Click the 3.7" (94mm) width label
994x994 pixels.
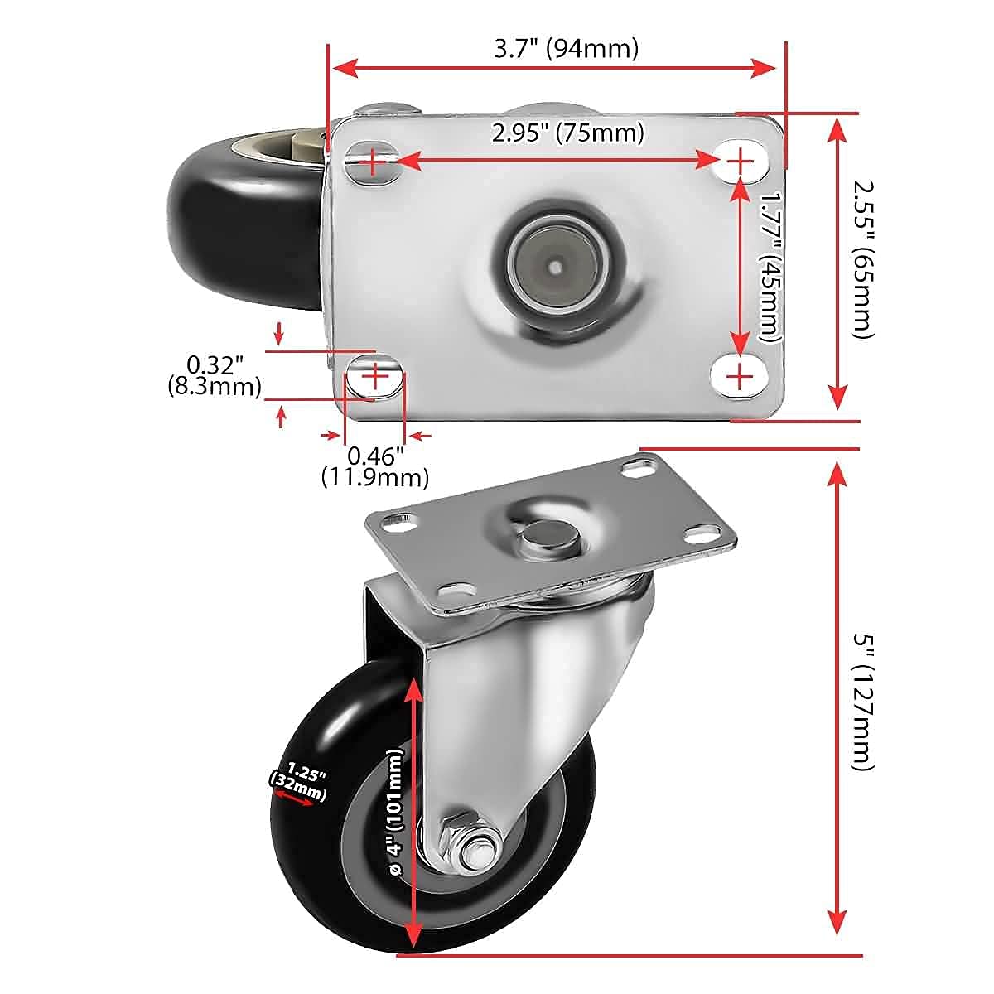coord(567,49)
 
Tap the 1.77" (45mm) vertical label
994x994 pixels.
coord(770,267)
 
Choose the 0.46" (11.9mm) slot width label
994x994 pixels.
coord(375,466)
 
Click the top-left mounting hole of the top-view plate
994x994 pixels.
coord(373,162)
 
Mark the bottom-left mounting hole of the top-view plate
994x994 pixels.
coord(374,377)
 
